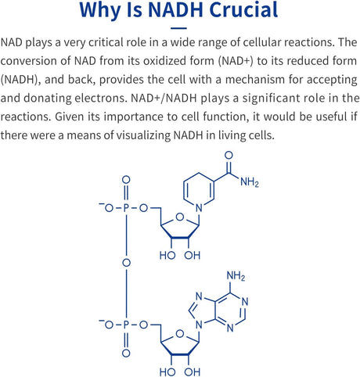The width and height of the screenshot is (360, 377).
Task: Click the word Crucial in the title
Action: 243,10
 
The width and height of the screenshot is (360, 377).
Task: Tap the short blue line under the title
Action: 179,28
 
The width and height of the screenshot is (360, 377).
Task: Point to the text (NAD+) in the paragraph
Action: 236,61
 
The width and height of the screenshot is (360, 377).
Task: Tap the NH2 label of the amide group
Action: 249,182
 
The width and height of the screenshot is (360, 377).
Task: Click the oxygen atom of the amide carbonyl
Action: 229,156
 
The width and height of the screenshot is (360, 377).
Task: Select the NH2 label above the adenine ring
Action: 236,276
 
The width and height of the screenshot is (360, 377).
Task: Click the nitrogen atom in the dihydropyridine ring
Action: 199,208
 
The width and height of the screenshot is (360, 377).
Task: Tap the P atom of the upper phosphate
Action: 126,208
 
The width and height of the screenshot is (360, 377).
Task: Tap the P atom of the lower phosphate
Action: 126,325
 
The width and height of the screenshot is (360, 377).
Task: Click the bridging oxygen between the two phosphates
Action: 126,263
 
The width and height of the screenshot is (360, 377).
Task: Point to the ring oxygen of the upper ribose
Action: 180,217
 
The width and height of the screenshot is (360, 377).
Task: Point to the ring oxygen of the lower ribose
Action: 180,334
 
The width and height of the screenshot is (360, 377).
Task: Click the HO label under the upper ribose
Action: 167,256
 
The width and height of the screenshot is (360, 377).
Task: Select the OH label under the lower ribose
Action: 193,372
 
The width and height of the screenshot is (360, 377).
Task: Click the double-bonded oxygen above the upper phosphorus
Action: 126,180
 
